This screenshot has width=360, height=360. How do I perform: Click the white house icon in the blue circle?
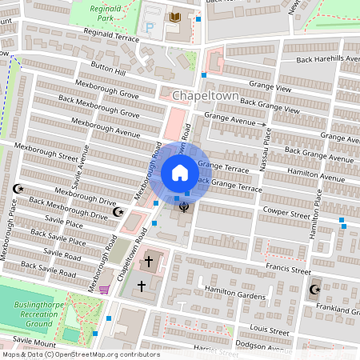coord(180,172)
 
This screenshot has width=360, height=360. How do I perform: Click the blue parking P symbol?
coord(150,28)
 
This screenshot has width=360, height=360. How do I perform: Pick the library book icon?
coord(175,17)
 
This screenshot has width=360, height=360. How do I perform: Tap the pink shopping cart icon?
coord(104,290)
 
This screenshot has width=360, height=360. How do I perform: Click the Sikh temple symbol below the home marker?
coord(184,208)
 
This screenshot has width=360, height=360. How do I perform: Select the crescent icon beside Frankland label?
coord(314,290)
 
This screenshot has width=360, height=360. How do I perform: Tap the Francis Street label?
coord(289,271)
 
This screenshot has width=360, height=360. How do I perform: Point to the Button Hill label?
coord(108,71)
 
